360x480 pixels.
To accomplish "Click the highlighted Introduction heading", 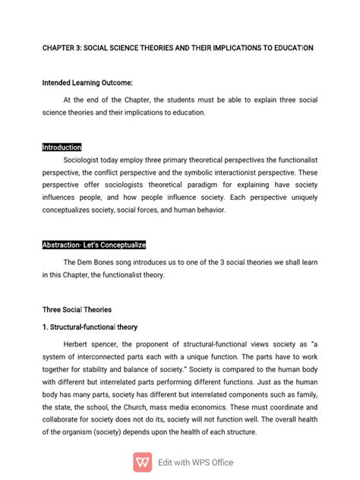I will coord(62,147).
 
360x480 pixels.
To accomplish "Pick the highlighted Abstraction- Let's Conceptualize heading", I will coord(93,245).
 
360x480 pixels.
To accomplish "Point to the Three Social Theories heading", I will coord(77,309).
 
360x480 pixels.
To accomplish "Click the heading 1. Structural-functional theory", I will coord(90,327).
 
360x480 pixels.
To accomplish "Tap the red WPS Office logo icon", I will coord(142,462).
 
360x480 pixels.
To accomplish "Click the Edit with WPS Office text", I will coord(195,462).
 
